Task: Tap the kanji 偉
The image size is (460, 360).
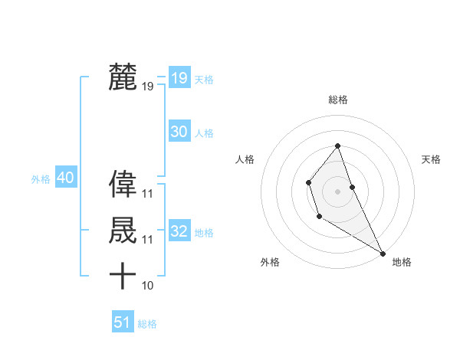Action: coord(123,184)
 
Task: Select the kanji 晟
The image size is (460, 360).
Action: coord(123,230)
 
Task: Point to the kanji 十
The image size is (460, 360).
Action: coord(123,275)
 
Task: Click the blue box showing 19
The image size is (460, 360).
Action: coord(179,78)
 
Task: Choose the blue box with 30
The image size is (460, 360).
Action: coord(179,132)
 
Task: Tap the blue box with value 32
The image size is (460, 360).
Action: coord(179,231)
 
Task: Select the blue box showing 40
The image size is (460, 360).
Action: coord(65,178)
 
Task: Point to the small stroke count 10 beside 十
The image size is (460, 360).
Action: coord(148,286)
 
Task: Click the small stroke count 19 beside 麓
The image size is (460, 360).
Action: coord(148,87)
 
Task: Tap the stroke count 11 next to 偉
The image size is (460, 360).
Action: coord(148,195)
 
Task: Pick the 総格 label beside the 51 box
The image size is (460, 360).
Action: coord(147,324)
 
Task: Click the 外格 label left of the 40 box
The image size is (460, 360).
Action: coord(41,179)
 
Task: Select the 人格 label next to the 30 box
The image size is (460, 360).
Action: coord(204,133)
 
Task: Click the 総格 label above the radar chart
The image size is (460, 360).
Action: coord(338,100)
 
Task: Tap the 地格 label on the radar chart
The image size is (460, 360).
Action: coord(402,262)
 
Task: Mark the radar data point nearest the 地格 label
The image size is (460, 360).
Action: coord(383,253)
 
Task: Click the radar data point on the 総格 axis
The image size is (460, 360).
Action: coord(338,146)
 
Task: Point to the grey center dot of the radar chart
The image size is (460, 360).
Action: coord(338,191)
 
